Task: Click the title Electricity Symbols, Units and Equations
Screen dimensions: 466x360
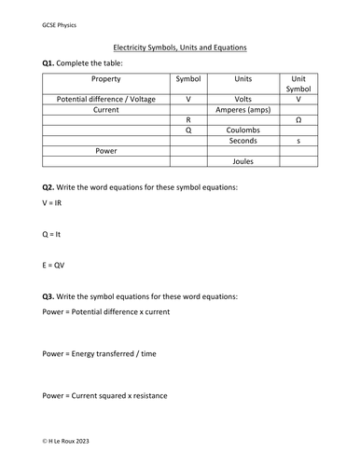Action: [x=180, y=47]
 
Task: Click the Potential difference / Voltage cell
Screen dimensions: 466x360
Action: [x=105, y=98]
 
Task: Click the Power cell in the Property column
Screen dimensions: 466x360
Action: [x=105, y=150]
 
